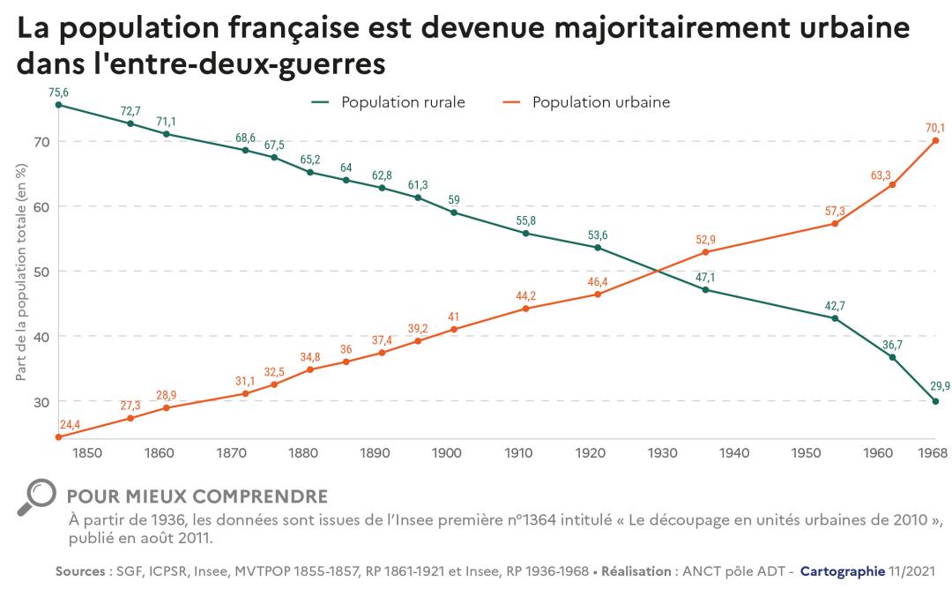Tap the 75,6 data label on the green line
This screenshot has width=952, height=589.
point(58,92)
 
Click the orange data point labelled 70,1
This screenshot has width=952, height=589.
point(935,140)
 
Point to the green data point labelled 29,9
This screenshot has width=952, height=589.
point(935,401)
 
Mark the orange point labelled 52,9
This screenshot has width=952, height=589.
point(705,252)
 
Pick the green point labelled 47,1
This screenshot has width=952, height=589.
point(705,289)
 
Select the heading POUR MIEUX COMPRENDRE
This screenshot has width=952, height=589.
point(197,496)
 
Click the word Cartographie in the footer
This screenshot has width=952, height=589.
point(842,571)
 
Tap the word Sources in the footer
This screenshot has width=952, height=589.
point(82,571)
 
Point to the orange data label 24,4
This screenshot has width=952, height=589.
point(70,425)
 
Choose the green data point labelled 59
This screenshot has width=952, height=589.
point(454,212)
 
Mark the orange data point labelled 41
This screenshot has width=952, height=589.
point(454,329)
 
